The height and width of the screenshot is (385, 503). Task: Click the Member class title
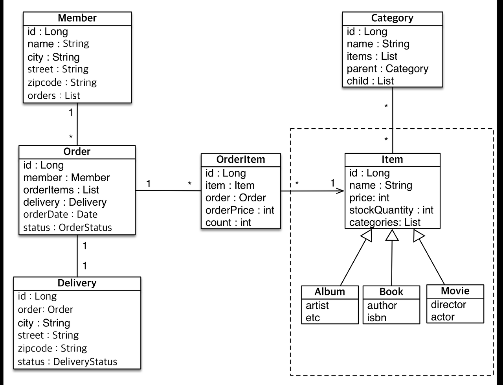[x=77, y=18]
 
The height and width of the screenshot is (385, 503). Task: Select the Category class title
[x=392, y=18]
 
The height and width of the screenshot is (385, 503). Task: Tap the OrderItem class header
[x=240, y=159]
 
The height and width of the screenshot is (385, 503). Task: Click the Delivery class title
[x=77, y=283]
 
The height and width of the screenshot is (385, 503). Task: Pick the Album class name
[x=330, y=292]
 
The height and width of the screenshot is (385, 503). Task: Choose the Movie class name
[x=455, y=291]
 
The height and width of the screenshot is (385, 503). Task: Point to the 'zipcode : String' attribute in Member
[x=62, y=83]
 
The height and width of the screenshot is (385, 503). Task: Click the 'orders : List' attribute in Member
[x=54, y=96]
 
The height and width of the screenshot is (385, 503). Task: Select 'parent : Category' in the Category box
[x=387, y=69]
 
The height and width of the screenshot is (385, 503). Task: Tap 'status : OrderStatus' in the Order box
[x=67, y=227]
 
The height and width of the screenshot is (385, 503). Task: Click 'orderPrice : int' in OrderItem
[x=240, y=210]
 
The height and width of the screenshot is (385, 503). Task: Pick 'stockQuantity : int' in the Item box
[x=391, y=210]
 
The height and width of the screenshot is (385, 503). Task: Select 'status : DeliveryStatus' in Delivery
[x=67, y=362]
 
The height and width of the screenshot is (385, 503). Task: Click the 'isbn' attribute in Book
[x=376, y=318]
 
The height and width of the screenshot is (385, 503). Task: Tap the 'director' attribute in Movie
[x=448, y=305]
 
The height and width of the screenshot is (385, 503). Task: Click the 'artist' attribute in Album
[x=317, y=306]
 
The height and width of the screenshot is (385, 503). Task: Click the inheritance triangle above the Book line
[x=392, y=235]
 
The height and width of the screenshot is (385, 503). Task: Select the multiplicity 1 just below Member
[x=71, y=112]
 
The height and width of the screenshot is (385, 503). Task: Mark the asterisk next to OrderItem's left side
[x=189, y=183]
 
